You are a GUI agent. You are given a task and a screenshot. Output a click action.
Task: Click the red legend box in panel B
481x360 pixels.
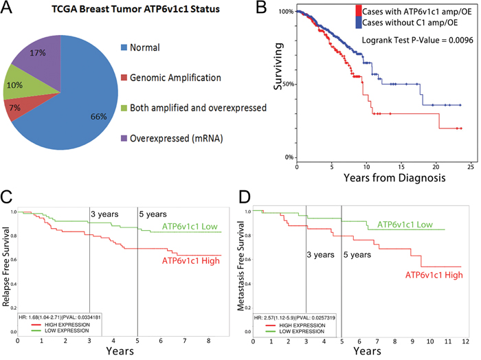[357, 11]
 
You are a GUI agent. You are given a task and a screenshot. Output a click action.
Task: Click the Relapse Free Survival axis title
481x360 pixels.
[7, 271]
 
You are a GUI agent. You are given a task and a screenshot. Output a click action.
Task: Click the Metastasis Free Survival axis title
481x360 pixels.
[243, 271]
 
